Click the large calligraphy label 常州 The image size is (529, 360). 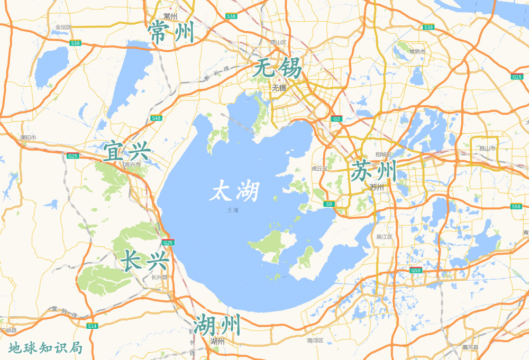(x=171, y=33)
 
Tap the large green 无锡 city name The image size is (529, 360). (x=277, y=69)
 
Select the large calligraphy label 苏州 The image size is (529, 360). (x=373, y=171)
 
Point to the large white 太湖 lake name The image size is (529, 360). (x=235, y=191)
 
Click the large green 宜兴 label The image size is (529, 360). (x=127, y=151)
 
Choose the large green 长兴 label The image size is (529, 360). (x=144, y=261)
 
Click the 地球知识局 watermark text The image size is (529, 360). (x=45, y=348)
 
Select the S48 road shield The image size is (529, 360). (x=156, y=118)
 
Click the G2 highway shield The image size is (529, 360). (x=336, y=119)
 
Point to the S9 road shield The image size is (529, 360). (x=329, y=204)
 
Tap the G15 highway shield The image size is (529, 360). (x=517, y=77)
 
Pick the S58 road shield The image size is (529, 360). (x=516, y=206)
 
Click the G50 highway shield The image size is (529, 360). (x=416, y=271)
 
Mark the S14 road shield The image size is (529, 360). (x=92, y=326)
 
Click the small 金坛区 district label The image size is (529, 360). (x=63, y=27)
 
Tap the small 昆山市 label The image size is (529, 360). (x=487, y=149)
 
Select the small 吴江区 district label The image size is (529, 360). (x=385, y=237)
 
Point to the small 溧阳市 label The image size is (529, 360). (x=28, y=138)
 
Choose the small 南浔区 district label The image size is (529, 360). (x=315, y=341)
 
